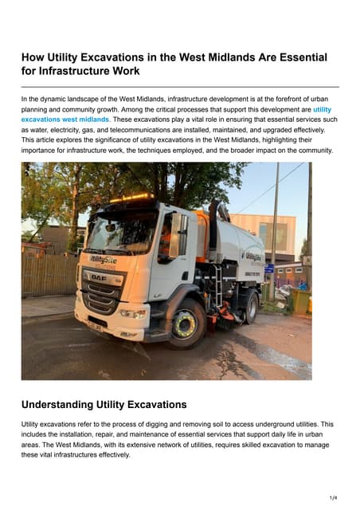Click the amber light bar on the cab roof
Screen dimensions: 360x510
click(x=130, y=196)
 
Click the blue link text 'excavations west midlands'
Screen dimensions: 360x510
click(x=65, y=120)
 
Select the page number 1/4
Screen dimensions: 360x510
click(x=333, y=497)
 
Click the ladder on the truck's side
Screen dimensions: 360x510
click(x=216, y=287)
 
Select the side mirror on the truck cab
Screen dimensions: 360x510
click(x=174, y=235)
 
